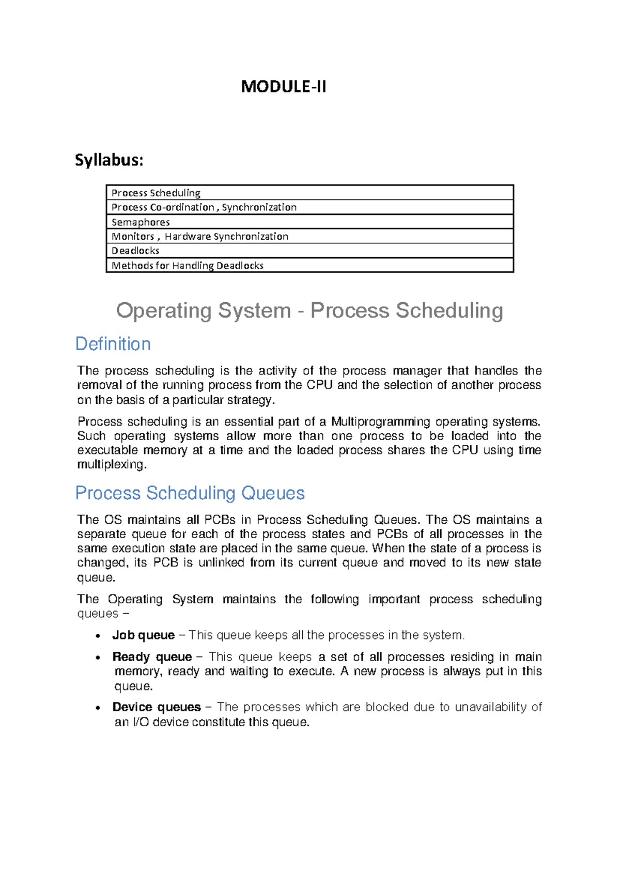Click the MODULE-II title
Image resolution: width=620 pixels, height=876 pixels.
click(x=284, y=86)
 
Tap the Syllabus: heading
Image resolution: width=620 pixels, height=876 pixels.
click(x=109, y=160)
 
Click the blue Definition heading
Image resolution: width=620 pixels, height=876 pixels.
click(x=113, y=344)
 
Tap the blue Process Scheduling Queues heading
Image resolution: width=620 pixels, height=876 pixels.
click(x=190, y=493)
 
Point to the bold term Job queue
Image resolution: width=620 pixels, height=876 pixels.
click(x=143, y=635)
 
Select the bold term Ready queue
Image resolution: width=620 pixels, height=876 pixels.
click(x=152, y=657)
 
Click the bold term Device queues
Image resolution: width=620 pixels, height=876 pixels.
click(x=156, y=707)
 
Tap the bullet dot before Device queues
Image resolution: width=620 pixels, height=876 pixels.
click(x=98, y=708)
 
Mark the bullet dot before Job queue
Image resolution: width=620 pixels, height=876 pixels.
click(x=98, y=636)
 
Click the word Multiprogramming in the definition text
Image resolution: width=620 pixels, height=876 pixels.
click(x=380, y=421)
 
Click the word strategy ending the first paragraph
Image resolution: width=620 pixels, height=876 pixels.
click(x=251, y=400)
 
